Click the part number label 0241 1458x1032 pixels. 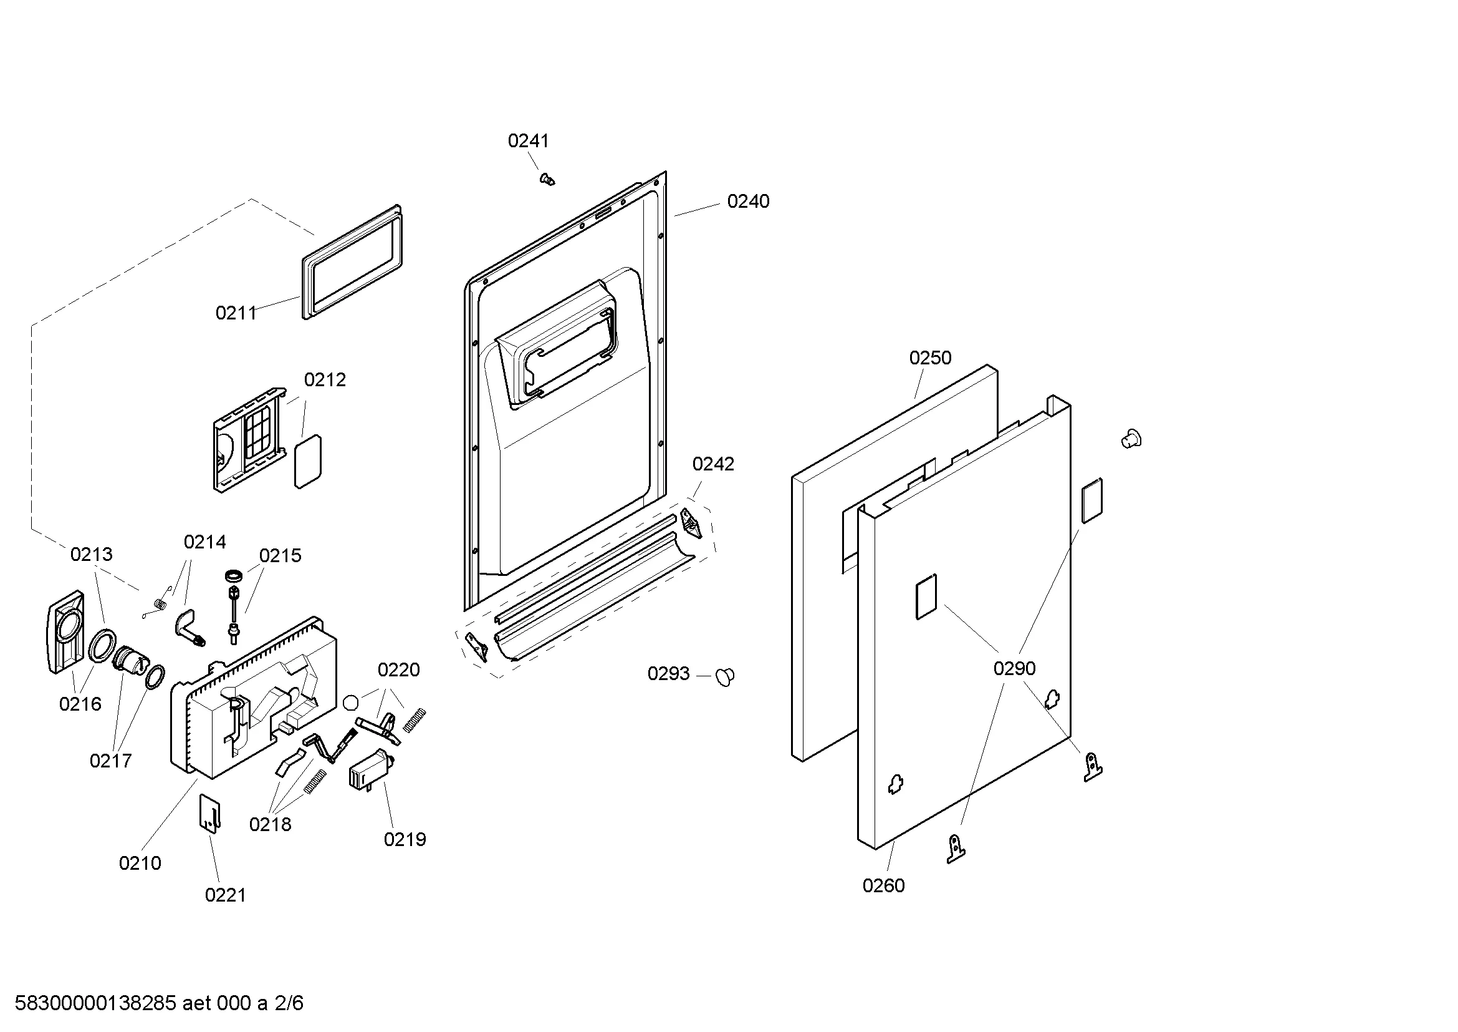[x=528, y=140]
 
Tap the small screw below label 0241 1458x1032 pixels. [x=546, y=179]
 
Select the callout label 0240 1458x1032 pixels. [x=748, y=202]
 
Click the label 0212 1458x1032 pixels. [x=325, y=380]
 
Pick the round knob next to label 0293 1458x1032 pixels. [x=724, y=677]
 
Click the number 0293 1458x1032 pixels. [x=668, y=674]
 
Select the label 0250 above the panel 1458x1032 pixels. [x=929, y=358]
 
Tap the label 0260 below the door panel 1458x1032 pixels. [x=883, y=885]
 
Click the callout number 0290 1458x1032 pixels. [x=1014, y=668]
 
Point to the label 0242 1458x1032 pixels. [x=712, y=465]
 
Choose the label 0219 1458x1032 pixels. [x=405, y=839]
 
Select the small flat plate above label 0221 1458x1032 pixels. [x=210, y=812]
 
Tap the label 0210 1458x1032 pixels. [x=140, y=863]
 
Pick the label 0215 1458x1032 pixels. [x=280, y=556]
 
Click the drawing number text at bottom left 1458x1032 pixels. [x=159, y=1004]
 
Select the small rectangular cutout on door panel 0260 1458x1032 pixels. [x=926, y=596]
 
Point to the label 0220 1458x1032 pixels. [x=398, y=669]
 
